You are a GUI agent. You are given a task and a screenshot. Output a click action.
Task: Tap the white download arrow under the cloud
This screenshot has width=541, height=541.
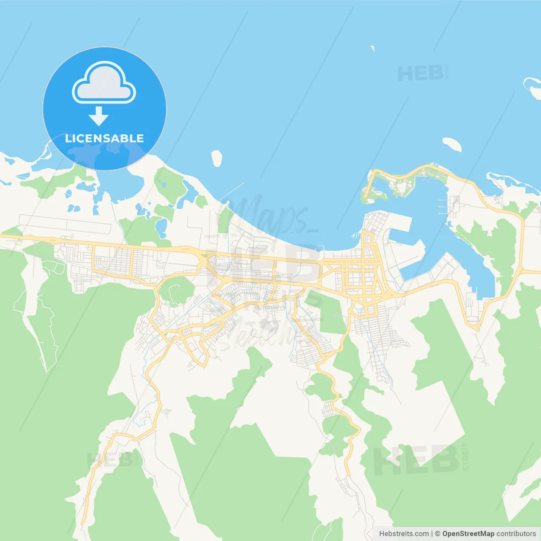coord(98,116)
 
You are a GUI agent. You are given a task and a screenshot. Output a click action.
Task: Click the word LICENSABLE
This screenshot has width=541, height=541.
coord(104,139)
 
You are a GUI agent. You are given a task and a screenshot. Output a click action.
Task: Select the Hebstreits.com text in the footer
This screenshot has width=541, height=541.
coord(404,534)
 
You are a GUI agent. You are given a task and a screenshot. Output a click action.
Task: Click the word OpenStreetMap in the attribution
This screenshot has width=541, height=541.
coord(468,534)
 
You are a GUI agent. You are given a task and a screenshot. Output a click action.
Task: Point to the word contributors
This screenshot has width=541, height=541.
coord(516,534)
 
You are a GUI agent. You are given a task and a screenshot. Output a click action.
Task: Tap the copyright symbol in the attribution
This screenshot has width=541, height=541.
coord(437,534)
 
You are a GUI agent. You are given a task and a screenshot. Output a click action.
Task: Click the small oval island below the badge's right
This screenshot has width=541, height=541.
coord(217,158)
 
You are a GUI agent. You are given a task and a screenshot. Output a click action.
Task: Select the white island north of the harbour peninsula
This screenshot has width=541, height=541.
coord(452,144)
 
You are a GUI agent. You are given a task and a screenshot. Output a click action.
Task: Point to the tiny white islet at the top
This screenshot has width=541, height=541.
coord(373,49)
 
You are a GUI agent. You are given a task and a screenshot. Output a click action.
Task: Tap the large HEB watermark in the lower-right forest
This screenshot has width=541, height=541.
coord(416,460)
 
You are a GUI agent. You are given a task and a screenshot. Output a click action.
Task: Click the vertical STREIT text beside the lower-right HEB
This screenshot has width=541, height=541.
coord(466,456)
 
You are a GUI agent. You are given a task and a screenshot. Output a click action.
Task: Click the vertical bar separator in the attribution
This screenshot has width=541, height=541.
coord(432,534)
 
